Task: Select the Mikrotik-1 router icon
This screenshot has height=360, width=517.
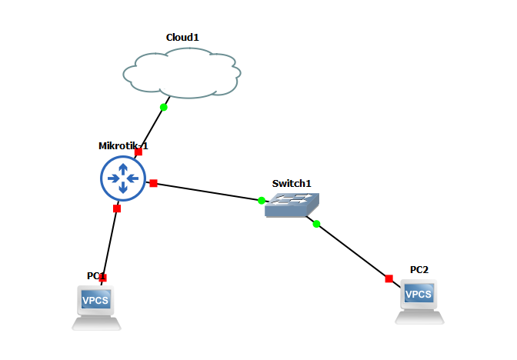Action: [x=122, y=179]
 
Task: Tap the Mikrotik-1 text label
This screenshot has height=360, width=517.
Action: [x=123, y=145]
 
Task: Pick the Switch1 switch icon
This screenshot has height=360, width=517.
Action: [x=292, y=205]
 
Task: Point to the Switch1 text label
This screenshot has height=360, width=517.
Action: [x=292, y=183]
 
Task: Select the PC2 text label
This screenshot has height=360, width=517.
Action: [x=419, y=269]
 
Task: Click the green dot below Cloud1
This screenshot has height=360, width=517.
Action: [x=163, y=107]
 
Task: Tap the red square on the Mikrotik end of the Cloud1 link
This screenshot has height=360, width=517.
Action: [x=138, y=152]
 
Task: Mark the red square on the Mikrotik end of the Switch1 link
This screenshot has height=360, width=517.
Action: [x=153, y=183]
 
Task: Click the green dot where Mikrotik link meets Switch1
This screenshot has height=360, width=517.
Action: [x=262, y=201]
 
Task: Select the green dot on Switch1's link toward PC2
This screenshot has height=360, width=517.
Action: [x=316, y=224]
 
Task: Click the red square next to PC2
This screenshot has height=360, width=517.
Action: [x=389, y=278]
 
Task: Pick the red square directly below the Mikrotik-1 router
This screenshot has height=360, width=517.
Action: [x=117, y=208]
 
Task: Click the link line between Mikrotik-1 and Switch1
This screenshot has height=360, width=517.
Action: [x=208, y=192]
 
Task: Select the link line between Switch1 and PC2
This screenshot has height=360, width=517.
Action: [x=352, y=252]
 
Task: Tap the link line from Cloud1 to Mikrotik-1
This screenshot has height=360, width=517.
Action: [x=151, y=129]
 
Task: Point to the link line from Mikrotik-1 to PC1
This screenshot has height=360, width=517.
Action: [x=110, y=242]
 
